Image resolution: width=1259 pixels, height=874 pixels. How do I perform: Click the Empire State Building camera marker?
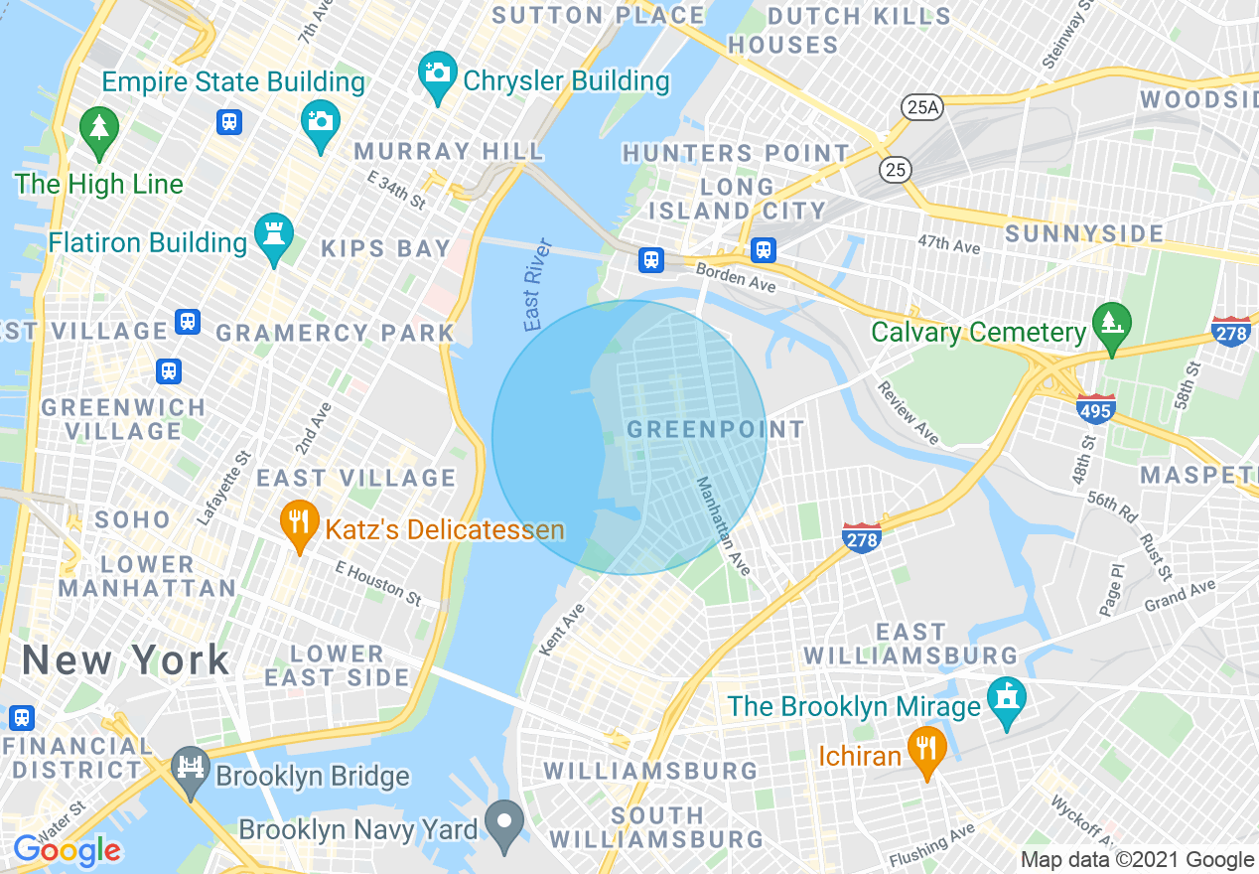click(x=320, y=122)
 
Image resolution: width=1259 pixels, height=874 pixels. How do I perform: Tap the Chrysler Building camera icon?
click(x=436, y=73)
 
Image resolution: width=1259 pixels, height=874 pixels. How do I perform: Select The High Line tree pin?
click(x=98, y=129)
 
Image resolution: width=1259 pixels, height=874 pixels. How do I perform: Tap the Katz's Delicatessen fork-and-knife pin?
click(x=298, y=521)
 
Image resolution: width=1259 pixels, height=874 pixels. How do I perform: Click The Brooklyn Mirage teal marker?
click(x=1007, y=699)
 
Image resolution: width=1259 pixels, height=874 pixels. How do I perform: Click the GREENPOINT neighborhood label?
click(x=715, y=430)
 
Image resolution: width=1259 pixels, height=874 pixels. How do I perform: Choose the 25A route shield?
click(x=920, y=107)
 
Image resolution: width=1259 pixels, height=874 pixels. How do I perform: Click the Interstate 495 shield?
click(x=1095, y=408)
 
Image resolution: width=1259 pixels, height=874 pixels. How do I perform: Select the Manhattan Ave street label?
click(x=723, y=525)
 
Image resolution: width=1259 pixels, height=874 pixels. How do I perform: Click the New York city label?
click(x=126, y=660)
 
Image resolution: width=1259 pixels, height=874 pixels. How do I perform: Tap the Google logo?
click(x=67, y=850)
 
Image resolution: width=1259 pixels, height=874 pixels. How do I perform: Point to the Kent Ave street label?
click(x=562, y=629)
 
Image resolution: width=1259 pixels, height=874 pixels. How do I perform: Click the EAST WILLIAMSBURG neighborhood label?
click(x=910, y=644)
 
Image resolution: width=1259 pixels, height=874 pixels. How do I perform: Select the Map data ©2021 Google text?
click(x=1137, y=860)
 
